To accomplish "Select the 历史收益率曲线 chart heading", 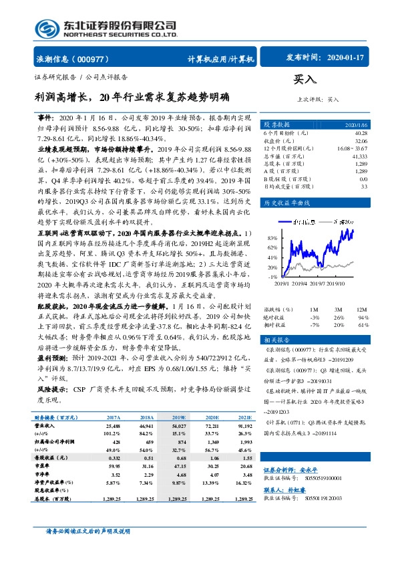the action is click(288, 201).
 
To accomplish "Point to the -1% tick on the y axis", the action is click(272, 277).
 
